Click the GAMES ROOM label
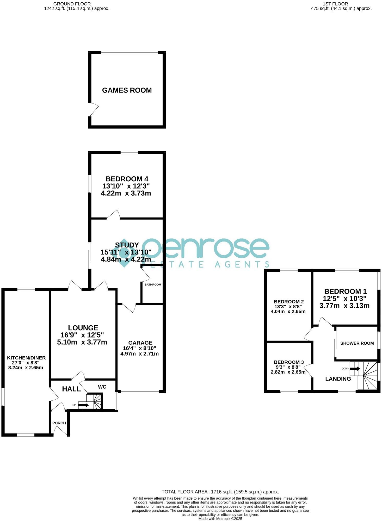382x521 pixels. click(127, 90)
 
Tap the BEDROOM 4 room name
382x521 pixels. click(127, 179)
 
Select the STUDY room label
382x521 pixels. click(127, 245)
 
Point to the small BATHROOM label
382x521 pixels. click(153, 284)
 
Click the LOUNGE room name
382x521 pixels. click(83, 328)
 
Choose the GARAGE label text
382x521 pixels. click(140, 343)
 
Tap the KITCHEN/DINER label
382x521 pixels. click(26, 358)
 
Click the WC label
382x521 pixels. click(102, 387)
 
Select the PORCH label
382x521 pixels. click(59, 423)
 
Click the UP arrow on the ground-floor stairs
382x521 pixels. click(84, 405)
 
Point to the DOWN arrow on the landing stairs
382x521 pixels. click(355, 369)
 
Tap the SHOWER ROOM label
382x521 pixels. click(357, 343)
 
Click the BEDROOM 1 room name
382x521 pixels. click(345, 291)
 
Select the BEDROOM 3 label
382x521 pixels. click(289, 362)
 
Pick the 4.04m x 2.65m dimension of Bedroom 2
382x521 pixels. click(288, 312)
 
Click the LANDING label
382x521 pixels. click(338, 379)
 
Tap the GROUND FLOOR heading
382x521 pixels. click(72, 4)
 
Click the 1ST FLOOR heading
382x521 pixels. click(335, 4)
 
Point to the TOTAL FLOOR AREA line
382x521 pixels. click(220, 492)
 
